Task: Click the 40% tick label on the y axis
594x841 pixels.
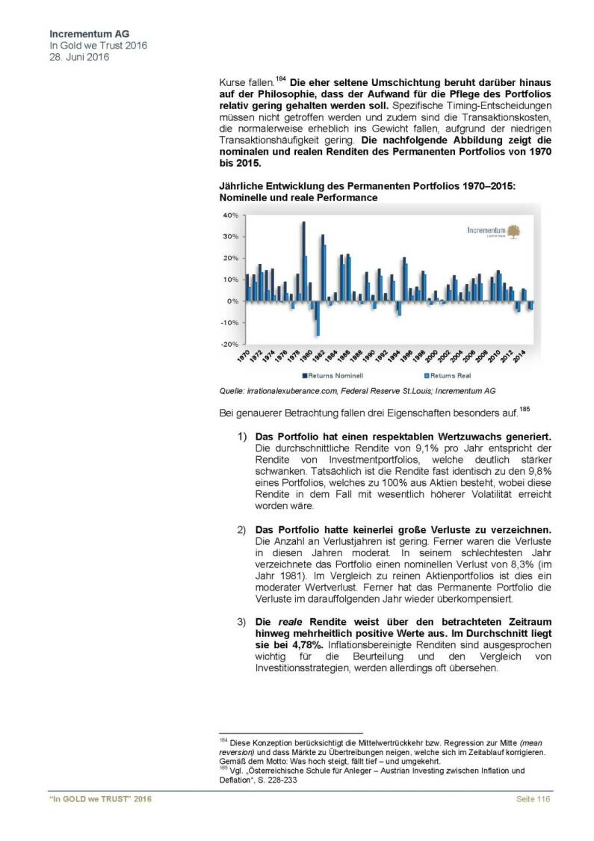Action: click(229, 215)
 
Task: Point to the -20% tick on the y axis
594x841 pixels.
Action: click(228, 344)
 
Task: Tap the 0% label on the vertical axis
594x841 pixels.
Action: click(232, 301)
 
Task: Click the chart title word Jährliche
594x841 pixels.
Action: click(240, 186)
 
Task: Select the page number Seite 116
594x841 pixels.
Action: click(534, 801)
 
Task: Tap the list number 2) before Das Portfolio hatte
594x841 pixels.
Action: click(242, 530)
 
